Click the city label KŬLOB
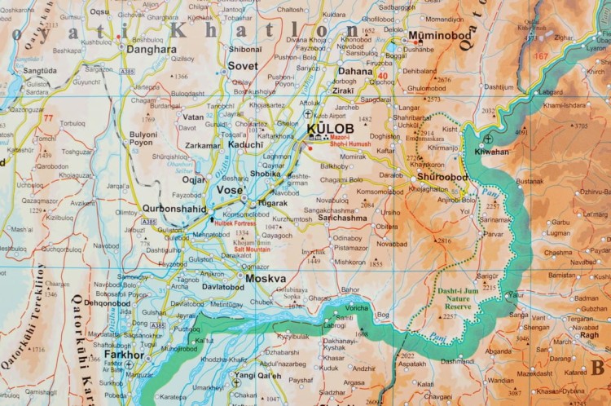coord(330,129)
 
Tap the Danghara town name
coord(152,50)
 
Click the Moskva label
coord(266,278)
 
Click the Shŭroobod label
coord(442,177)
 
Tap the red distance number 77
coord(48,117)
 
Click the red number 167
coord(541,56)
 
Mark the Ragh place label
coord(590,334)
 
